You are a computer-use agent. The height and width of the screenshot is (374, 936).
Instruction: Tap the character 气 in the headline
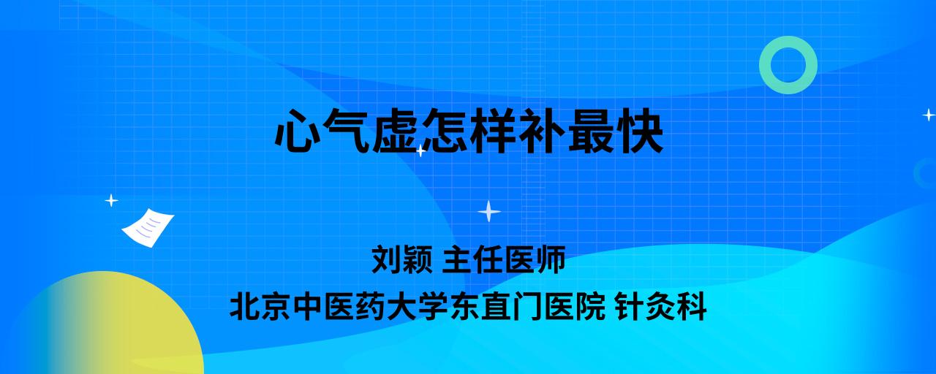(347, 131)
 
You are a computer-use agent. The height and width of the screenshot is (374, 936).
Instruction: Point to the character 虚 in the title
(396, 131)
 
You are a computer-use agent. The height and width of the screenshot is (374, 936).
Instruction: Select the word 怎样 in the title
(469, 131)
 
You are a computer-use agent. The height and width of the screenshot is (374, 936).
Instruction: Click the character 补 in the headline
(542, 131)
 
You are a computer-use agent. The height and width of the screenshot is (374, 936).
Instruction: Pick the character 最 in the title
(591, 131)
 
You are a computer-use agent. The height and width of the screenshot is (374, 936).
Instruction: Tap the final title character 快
(640, 131)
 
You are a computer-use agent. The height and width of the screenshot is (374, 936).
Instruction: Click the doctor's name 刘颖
(402, 259)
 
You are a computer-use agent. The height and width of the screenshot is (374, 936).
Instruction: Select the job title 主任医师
(504, 259)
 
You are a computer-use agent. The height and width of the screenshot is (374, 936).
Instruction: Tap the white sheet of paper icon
(148, 228)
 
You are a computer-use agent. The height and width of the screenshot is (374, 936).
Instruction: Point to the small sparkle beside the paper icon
(111, 201)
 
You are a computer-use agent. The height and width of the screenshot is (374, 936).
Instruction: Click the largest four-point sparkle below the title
(489, 211)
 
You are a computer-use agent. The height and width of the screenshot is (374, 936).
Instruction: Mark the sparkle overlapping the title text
(420, 150)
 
